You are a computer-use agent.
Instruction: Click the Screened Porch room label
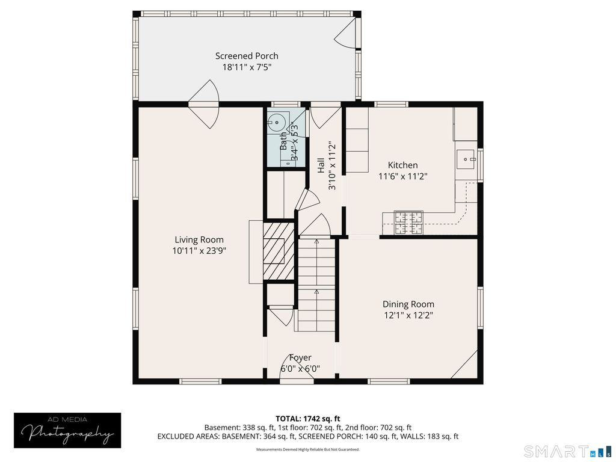pyautogui.click(x=247, y=56)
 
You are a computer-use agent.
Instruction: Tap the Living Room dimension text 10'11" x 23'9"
pyautogui.click(x=199, y=251)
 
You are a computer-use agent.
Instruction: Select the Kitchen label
pyautogui.click(x=402, y=165)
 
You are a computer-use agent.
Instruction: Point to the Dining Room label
pyautogui.click(x=408, y=304)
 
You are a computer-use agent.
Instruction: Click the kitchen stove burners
pyautogui.click(x=408, y=223)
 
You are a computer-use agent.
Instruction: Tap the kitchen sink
pyautogui.click(x=466, y=159)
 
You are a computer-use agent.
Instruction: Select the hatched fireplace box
pyautogui.click(x=279, y=251)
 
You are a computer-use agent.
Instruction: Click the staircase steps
pyautogui.click(x=316, y=285)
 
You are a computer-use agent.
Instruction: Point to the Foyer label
pyautogui.click(x=300, y=357)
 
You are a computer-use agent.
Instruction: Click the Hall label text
pyautogui.click(x=321, y=165)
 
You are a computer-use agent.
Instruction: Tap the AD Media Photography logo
pyautogui.click(x=67, y=430)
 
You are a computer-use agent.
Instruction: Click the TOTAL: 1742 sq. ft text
pyautogui.click(x=307, y=419)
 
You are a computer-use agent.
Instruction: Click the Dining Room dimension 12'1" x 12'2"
pyautogui.click(x=408, y=315)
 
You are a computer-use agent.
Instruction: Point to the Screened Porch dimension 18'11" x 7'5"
pyautogui.click(x=247, y=67)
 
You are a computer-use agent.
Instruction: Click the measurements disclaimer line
pyautogui.click(x=308, y=449)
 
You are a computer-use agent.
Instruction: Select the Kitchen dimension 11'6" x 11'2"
pyautogui.click(x=402, y=176)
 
